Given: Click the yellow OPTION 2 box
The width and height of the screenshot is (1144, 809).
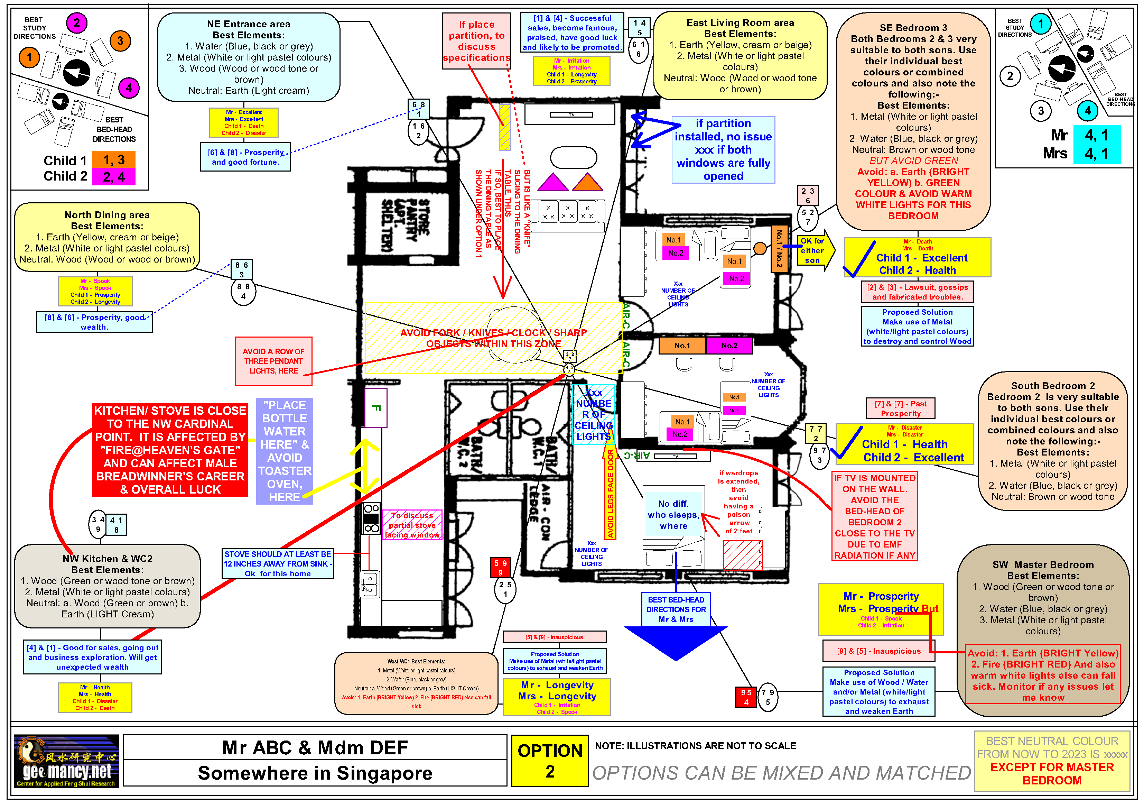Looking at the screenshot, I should point(550,761).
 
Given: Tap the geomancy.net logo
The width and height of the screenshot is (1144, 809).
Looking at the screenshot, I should point(66,761).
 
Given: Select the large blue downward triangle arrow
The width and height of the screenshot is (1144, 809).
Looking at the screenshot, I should point(675,642).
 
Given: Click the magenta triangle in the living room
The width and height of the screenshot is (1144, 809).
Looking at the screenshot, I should point(552,182).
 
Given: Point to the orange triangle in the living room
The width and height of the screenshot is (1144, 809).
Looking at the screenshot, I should point(588,182).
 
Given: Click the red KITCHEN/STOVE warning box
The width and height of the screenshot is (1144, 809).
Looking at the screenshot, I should point(170,450).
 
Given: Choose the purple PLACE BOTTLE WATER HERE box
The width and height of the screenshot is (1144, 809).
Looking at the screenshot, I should point(285,451).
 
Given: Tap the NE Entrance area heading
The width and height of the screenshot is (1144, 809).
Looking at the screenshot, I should point(249,24).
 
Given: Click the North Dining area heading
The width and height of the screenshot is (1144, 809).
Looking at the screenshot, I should point(107,215).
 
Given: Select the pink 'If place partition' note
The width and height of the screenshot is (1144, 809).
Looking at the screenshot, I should point(476,41).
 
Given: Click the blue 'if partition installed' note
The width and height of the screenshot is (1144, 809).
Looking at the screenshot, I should point(723,149).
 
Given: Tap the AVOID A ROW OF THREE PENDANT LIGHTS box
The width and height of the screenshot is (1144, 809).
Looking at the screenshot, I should point(273,361).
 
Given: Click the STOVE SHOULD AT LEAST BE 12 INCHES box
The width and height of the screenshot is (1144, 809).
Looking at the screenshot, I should point(278,563).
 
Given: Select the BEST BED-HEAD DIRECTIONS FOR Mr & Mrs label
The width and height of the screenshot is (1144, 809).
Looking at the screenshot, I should point(676,609).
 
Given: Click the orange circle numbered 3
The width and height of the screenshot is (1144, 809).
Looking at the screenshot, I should point(120,41).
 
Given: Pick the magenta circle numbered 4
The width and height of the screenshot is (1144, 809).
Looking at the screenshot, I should point(129,88).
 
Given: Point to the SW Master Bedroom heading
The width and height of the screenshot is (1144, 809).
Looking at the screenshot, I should point(1043,564).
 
